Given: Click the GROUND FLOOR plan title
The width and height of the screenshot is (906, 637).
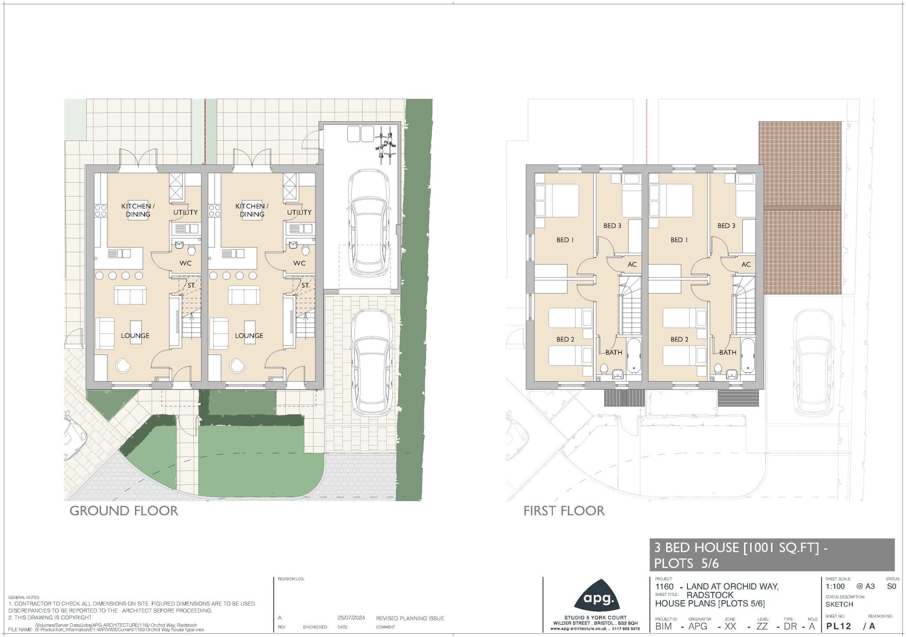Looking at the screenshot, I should pos(124,511).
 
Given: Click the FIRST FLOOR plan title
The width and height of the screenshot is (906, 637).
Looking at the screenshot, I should pos(564,511).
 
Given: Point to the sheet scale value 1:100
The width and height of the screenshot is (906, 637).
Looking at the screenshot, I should pos(835,587).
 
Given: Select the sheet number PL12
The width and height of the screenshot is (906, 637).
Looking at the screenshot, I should pos(839,626).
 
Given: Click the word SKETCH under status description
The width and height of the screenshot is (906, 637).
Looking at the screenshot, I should pos(839,604).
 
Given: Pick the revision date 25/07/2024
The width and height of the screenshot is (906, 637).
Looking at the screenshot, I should pos(351,618).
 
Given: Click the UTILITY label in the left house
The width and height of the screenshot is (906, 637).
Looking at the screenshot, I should pos(185,212).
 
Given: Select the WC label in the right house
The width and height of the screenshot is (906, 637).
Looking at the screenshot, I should pos(299,263).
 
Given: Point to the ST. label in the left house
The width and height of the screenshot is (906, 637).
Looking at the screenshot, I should pos(191,286).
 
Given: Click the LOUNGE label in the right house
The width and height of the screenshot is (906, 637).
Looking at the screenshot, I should pos(249,336).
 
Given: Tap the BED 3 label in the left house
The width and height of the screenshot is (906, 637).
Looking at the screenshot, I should pos(612,226).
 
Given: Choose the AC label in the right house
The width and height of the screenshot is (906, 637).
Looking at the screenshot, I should pos(746,265).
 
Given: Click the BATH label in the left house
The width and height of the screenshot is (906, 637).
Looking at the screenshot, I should pos(614,353).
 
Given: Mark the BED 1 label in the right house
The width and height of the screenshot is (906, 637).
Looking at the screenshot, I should pos(679,240).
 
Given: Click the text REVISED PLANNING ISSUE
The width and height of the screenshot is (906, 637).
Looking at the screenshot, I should pos(411,618).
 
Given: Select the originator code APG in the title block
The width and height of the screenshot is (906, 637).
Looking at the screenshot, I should pos(698,626).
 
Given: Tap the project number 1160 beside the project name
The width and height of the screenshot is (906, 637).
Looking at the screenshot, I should pos(664,587).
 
